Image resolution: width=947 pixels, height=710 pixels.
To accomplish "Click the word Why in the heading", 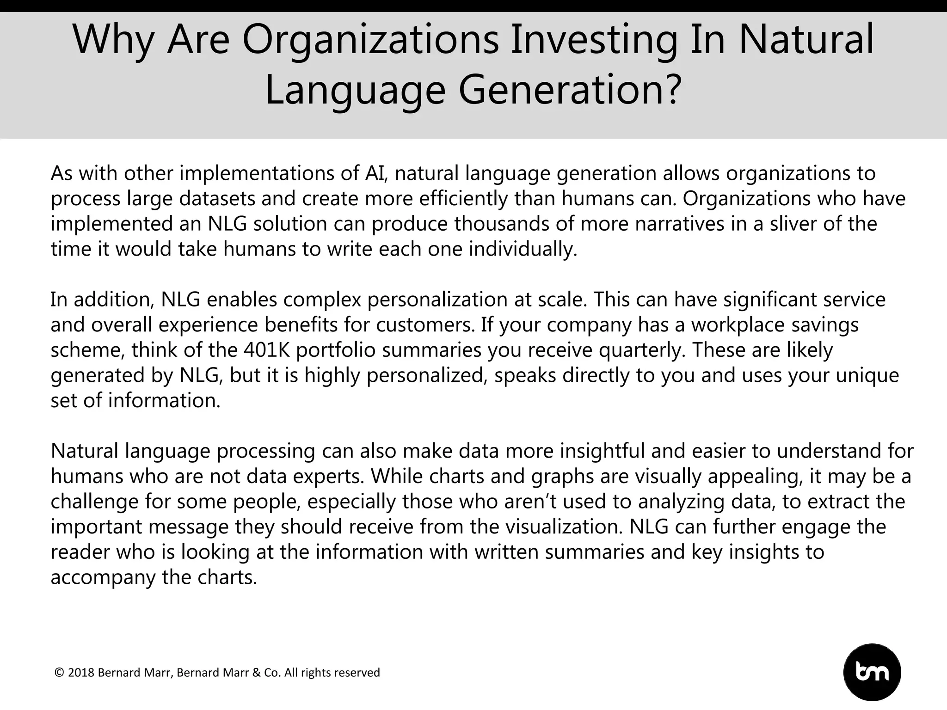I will [113, 40].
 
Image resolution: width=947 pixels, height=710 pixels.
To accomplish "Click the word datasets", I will [217, 199].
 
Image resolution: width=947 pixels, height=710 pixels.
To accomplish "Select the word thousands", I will [501, 224].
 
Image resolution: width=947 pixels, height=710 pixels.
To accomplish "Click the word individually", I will [523, 249].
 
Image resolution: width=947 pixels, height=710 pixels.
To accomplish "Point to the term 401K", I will [266, 350].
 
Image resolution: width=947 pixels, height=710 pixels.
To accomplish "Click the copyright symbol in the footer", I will [59, 673].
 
